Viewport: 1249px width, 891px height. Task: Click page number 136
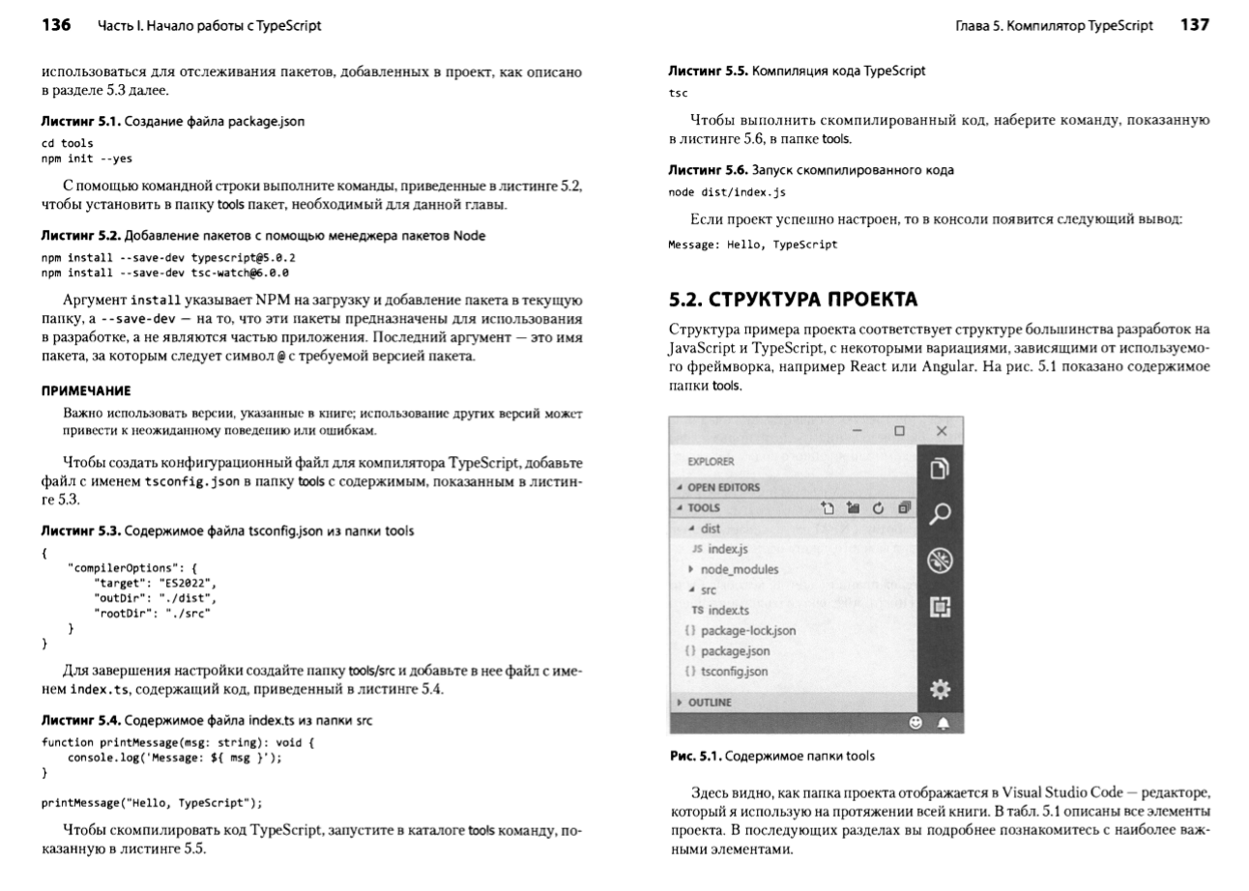click(x=56, y=26)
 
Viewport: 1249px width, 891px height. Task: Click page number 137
click(x=1194, y=26)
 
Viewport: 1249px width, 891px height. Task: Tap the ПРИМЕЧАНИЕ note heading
click(x=86, y=390)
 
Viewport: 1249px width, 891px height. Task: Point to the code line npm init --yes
click(x=86, y=158)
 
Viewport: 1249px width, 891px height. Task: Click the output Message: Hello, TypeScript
click(x=753, y=245)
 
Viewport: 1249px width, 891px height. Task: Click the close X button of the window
click(x=942, y=431)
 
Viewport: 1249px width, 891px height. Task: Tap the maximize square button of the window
click(x=899, y=431)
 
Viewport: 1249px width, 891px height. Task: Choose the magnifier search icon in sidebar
click(x=940, y=514)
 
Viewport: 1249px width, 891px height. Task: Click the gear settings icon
click(x=940, y=689)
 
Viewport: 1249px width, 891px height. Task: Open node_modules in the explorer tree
click(x=740, y=569)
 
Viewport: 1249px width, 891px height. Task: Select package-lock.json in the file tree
click(x=748, y=630)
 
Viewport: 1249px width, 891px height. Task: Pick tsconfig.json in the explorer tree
click(x=734, y=671)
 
